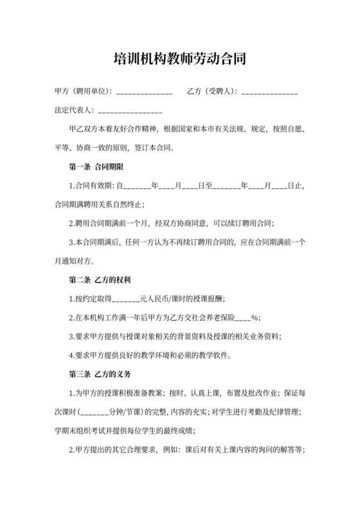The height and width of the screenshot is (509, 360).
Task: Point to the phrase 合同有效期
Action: (94, 186)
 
